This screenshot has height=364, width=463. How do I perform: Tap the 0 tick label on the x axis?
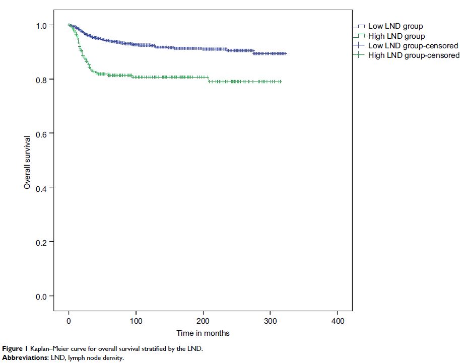(69, 321)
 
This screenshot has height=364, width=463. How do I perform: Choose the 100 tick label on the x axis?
(136, 321)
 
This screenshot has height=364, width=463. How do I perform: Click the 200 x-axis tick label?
(203, 321)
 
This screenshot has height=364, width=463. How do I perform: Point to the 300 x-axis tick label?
(270, 321)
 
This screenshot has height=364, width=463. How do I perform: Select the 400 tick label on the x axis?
(337, 321)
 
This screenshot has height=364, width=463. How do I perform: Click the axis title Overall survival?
(28, 162)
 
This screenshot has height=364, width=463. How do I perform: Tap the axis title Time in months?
(203, 333)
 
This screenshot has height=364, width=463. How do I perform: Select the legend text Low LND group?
(395, 26)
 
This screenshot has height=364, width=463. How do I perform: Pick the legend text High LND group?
(396, 36)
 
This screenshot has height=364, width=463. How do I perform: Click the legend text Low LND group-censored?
(413, 46)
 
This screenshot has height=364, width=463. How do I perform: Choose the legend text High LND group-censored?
(414, 55)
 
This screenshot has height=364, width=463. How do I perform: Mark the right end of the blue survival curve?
(286, 53)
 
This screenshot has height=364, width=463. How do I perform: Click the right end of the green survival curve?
(281, 82)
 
